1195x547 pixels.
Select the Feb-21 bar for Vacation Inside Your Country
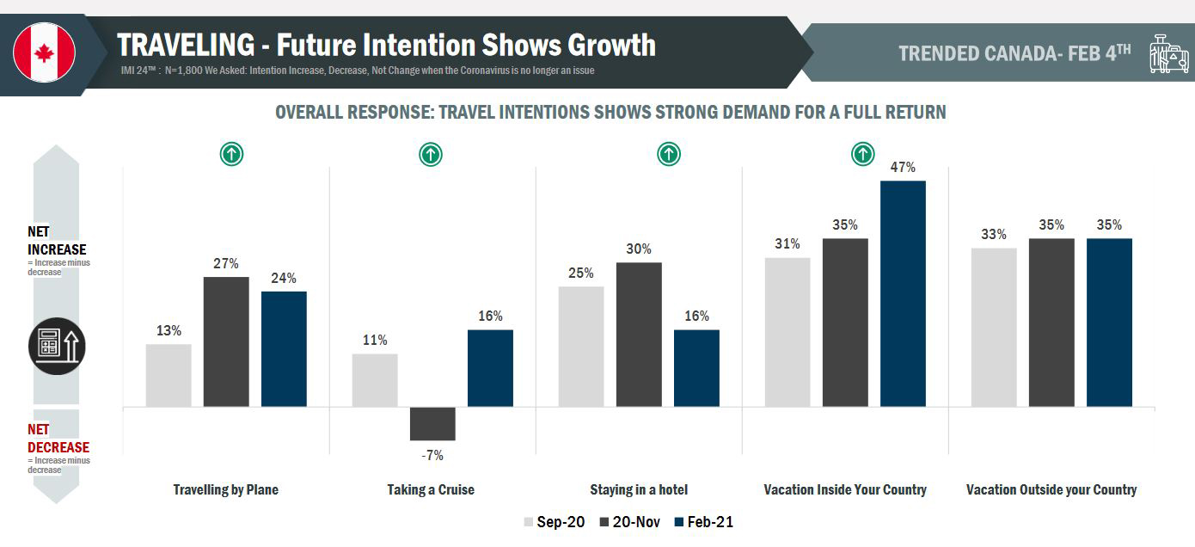[903, 293]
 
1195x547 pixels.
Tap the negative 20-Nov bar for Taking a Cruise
[432, 423]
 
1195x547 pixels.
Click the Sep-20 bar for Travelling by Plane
[169, 375]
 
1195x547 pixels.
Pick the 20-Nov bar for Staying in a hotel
[639, 335]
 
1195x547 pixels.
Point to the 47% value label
[903, 168]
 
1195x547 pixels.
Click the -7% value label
[432, 456]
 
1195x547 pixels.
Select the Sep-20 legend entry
[555, 522]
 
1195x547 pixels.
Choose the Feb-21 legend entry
[704, 522]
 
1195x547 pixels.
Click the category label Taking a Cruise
[431, 489]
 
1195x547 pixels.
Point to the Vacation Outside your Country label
[1051, 489]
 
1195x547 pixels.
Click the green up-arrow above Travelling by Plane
[232, 155]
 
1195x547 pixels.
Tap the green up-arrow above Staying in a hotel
[668, 155]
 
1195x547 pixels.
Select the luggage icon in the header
[1168, 53]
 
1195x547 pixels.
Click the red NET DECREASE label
[58, 439]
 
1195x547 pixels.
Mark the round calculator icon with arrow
[58, 347]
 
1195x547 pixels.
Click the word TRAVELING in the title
[186, 44]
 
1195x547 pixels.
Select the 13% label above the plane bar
[169, 330]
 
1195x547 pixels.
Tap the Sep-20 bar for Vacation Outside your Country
[994, 328]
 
